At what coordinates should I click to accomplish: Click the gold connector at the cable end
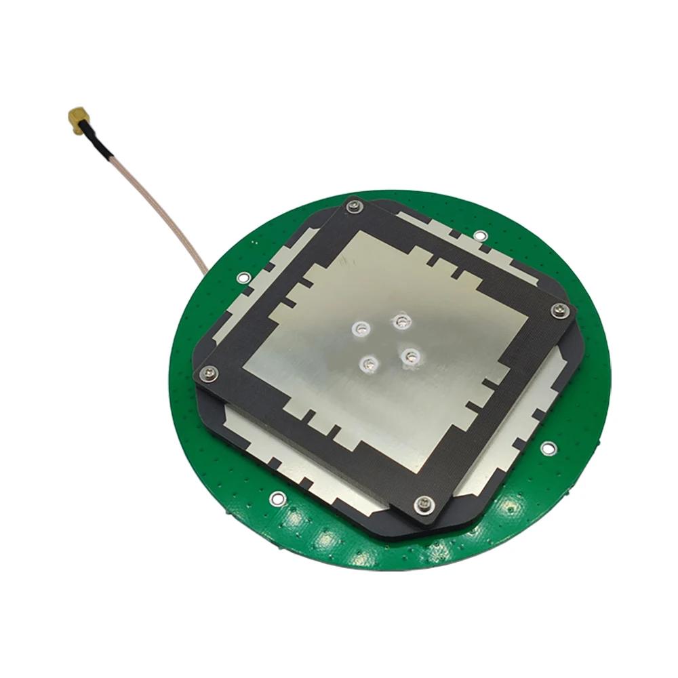tap(77, 119)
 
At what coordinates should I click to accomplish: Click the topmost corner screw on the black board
tap(353, 205)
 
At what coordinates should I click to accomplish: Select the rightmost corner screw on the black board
tap(559, 311)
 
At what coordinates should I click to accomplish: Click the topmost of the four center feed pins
tap(403, 320)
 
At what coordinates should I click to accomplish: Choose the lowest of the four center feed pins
tap(368, 365)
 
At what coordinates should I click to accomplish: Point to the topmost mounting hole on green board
tap(479, 235)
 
